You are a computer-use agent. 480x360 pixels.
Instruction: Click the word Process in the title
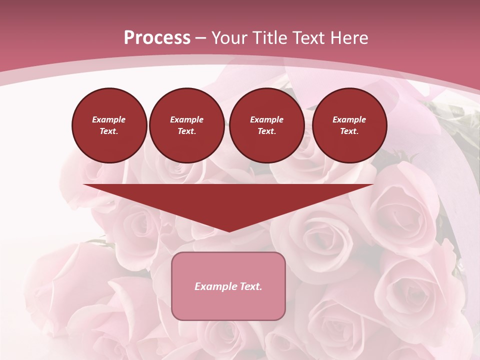pos(157,38)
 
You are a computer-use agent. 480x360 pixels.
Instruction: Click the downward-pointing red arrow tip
pos(228,227)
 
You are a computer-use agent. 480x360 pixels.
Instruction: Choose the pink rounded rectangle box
pos(228,305)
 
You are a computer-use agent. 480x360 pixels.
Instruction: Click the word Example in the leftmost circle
pos(109,119)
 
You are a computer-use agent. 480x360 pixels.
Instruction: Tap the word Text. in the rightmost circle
pos(349,131)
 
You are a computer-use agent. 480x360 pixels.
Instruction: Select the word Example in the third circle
pos(266,119)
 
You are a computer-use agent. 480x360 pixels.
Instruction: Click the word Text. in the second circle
pos(187,131)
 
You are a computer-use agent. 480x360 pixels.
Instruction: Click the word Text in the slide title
pos(311,38)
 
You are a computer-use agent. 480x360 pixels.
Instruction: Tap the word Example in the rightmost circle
pos(349,119)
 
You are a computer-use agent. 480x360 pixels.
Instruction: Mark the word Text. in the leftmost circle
pos(109,131)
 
